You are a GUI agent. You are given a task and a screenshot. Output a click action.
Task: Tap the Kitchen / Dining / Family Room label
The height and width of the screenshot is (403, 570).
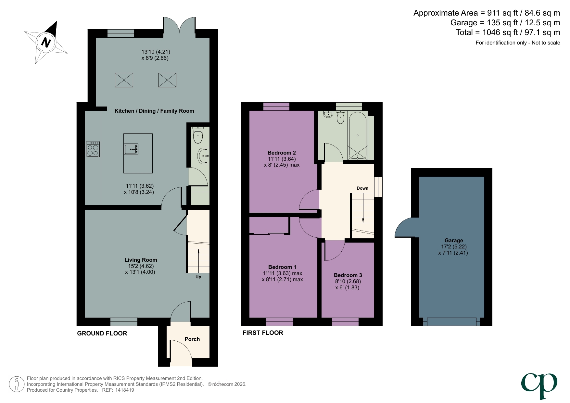click(154, 111)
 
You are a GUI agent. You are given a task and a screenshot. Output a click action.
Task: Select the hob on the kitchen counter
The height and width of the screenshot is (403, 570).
click(93, 149)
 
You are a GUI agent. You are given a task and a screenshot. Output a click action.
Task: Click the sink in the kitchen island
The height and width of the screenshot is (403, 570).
click(131, 149)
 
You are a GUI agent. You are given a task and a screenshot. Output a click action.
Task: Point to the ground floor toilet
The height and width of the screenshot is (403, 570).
click(198, 136)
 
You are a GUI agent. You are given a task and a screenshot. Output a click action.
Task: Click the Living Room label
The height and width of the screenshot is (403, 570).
click(141, 260)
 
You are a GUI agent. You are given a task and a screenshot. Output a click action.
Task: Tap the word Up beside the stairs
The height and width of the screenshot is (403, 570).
click(198, 277)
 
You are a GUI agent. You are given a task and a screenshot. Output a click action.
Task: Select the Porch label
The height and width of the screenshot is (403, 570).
click(192, 339)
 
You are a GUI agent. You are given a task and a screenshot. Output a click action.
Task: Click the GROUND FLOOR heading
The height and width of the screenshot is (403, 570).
click(102, 333)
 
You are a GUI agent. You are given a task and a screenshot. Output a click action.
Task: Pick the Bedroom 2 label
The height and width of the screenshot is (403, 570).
click(282, 153)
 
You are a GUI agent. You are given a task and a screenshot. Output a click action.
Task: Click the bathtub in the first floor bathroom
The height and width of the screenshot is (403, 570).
click(357, 136)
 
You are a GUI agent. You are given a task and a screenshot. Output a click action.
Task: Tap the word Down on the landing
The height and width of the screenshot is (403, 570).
click(362, 188)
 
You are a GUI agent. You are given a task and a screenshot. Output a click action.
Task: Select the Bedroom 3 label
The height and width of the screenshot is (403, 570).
click(348, 275)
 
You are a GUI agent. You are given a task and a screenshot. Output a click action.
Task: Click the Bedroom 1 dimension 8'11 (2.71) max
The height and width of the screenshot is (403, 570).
click(282, 280)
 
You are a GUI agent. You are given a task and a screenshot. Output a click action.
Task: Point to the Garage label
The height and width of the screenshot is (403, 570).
click(454, 241)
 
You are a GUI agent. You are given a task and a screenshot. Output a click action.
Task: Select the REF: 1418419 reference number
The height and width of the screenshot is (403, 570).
click(118, 390)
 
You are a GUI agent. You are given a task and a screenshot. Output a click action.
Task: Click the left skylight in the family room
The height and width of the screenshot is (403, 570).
click(124, 80)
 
